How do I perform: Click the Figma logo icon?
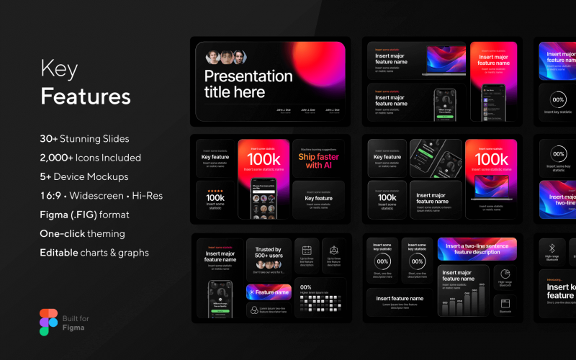48,322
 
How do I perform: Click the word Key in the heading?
58,70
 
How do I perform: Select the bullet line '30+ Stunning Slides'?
84,138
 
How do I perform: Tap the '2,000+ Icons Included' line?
90,157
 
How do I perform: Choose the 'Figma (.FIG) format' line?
84,215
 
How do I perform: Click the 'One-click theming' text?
82,233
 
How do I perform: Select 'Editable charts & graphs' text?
94,253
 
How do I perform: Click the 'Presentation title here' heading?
248,84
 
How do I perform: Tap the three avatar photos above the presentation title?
225,58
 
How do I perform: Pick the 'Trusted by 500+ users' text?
269,253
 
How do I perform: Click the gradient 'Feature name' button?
269,292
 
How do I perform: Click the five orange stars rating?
215,191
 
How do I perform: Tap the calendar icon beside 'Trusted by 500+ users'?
307,250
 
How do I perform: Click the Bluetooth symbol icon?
552,246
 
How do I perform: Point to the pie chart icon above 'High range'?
505,274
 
